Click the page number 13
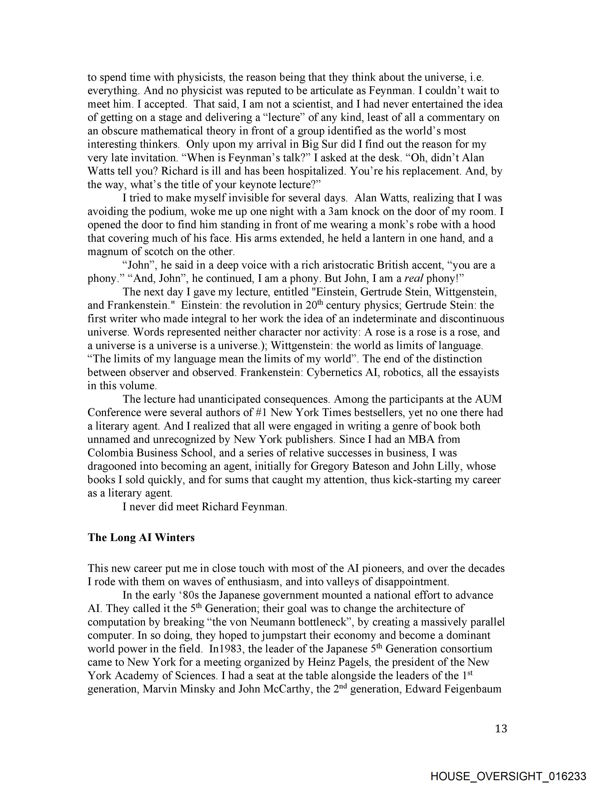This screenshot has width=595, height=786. pos(500,729)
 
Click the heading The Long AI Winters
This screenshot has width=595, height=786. pos(141,537)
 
